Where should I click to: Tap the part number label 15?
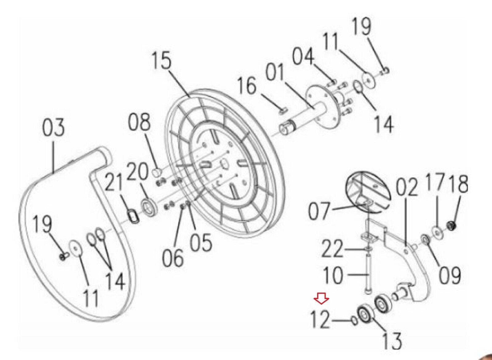(162, 60)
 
